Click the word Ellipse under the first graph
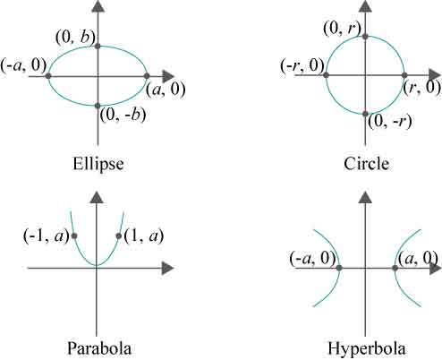[98, 164]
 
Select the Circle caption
[366, 164]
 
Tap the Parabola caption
[99, 348]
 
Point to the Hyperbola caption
[367, 348]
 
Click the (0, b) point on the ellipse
[98, 46]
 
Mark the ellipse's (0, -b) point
[98, 106]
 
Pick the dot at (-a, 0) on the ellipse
[48, 76]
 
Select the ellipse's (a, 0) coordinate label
[166, 90]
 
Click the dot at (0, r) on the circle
[365, 37]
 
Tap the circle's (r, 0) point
[404, 75]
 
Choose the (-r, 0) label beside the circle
[302, 65]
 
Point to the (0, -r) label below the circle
[390, 122]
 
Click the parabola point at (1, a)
[119, 236]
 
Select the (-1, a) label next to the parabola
[47, 236]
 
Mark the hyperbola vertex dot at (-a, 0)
[339, 268]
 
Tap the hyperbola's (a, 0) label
[418, 259]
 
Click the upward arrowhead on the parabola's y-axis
[97, 197]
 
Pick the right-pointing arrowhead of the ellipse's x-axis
[168, 76]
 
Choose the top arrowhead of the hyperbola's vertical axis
[365, 197]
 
